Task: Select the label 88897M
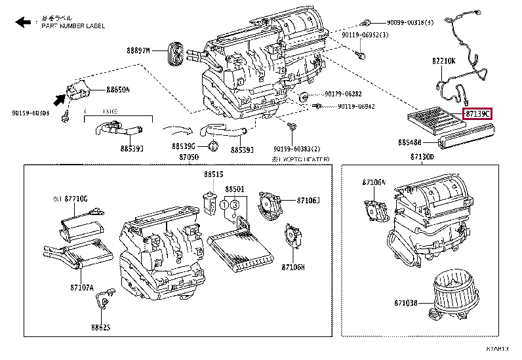(138, 50)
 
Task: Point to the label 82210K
(443, 61)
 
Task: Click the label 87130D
(422, 157)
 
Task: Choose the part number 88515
(213, 174)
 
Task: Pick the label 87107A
(83, 287)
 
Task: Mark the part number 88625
(101, 326)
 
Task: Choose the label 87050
(189, 158)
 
